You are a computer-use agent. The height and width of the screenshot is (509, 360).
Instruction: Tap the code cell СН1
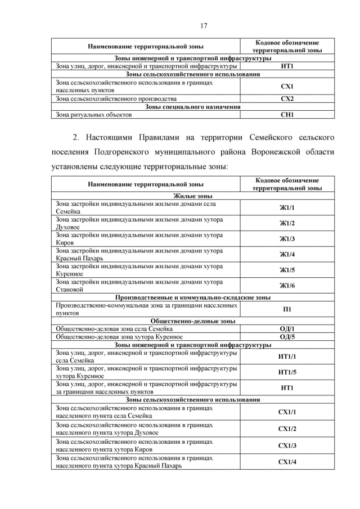click(x=287, y=115)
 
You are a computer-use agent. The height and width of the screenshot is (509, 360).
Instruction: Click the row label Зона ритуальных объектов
click(x=94, y=115)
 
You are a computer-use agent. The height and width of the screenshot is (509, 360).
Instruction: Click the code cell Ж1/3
click(x=287, y=239)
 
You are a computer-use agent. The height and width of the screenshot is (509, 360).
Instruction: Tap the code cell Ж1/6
click(x=287, y=286)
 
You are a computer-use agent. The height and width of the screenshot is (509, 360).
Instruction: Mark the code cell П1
click(x=287, y=309)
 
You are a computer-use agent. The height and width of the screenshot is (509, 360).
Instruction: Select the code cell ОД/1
click(x=287, y=329)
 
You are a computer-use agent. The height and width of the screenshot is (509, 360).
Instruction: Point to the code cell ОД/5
click(x=287, y=337)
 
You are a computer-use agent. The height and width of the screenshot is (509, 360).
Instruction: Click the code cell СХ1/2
click(x=287, y=429)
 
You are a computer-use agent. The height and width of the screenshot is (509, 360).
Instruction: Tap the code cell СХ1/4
click(x=287, y=462)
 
